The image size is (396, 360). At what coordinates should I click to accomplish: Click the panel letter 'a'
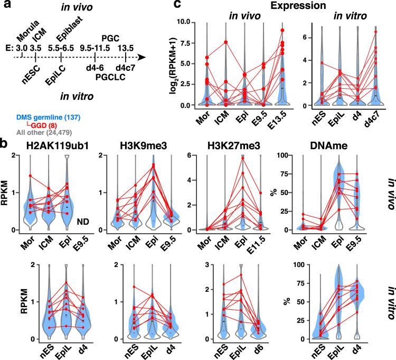(x=5, y=6)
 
